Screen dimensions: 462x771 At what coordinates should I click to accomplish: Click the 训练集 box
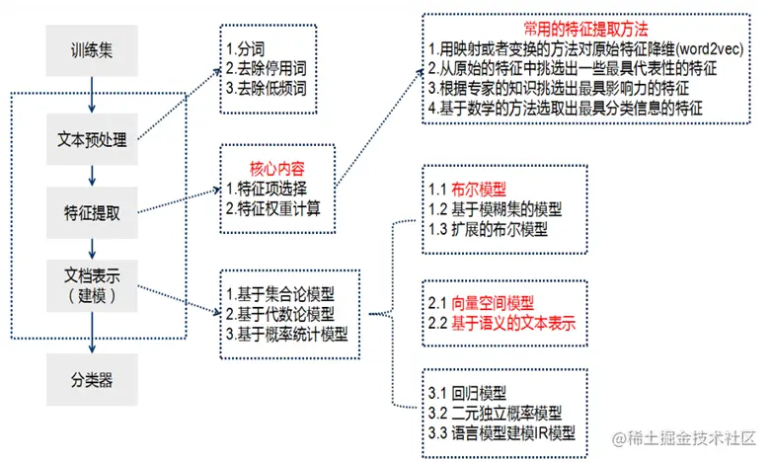(92, 48)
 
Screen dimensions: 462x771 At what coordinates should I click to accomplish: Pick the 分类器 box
(92, 377)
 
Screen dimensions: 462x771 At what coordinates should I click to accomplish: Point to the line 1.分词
(247, 47)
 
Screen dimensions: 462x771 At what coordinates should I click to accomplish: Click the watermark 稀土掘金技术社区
(690, 435)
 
